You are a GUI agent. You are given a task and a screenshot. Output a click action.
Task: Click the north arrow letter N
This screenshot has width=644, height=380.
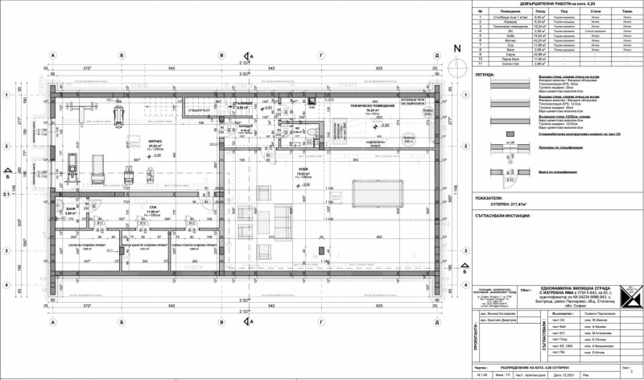pos(457,47)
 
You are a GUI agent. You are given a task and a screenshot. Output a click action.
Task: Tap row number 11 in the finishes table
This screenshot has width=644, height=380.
pos(477,64)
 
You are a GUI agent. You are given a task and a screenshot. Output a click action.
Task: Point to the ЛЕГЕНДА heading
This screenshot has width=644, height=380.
pos(486,72)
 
